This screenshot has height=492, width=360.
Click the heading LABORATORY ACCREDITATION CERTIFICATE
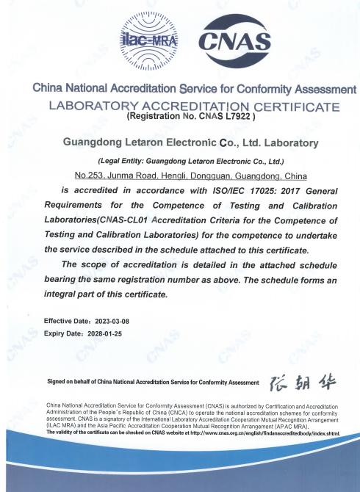point(193,106)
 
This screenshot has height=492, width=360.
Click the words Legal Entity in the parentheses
point(129,161)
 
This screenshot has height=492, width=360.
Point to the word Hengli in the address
point(173,176)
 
